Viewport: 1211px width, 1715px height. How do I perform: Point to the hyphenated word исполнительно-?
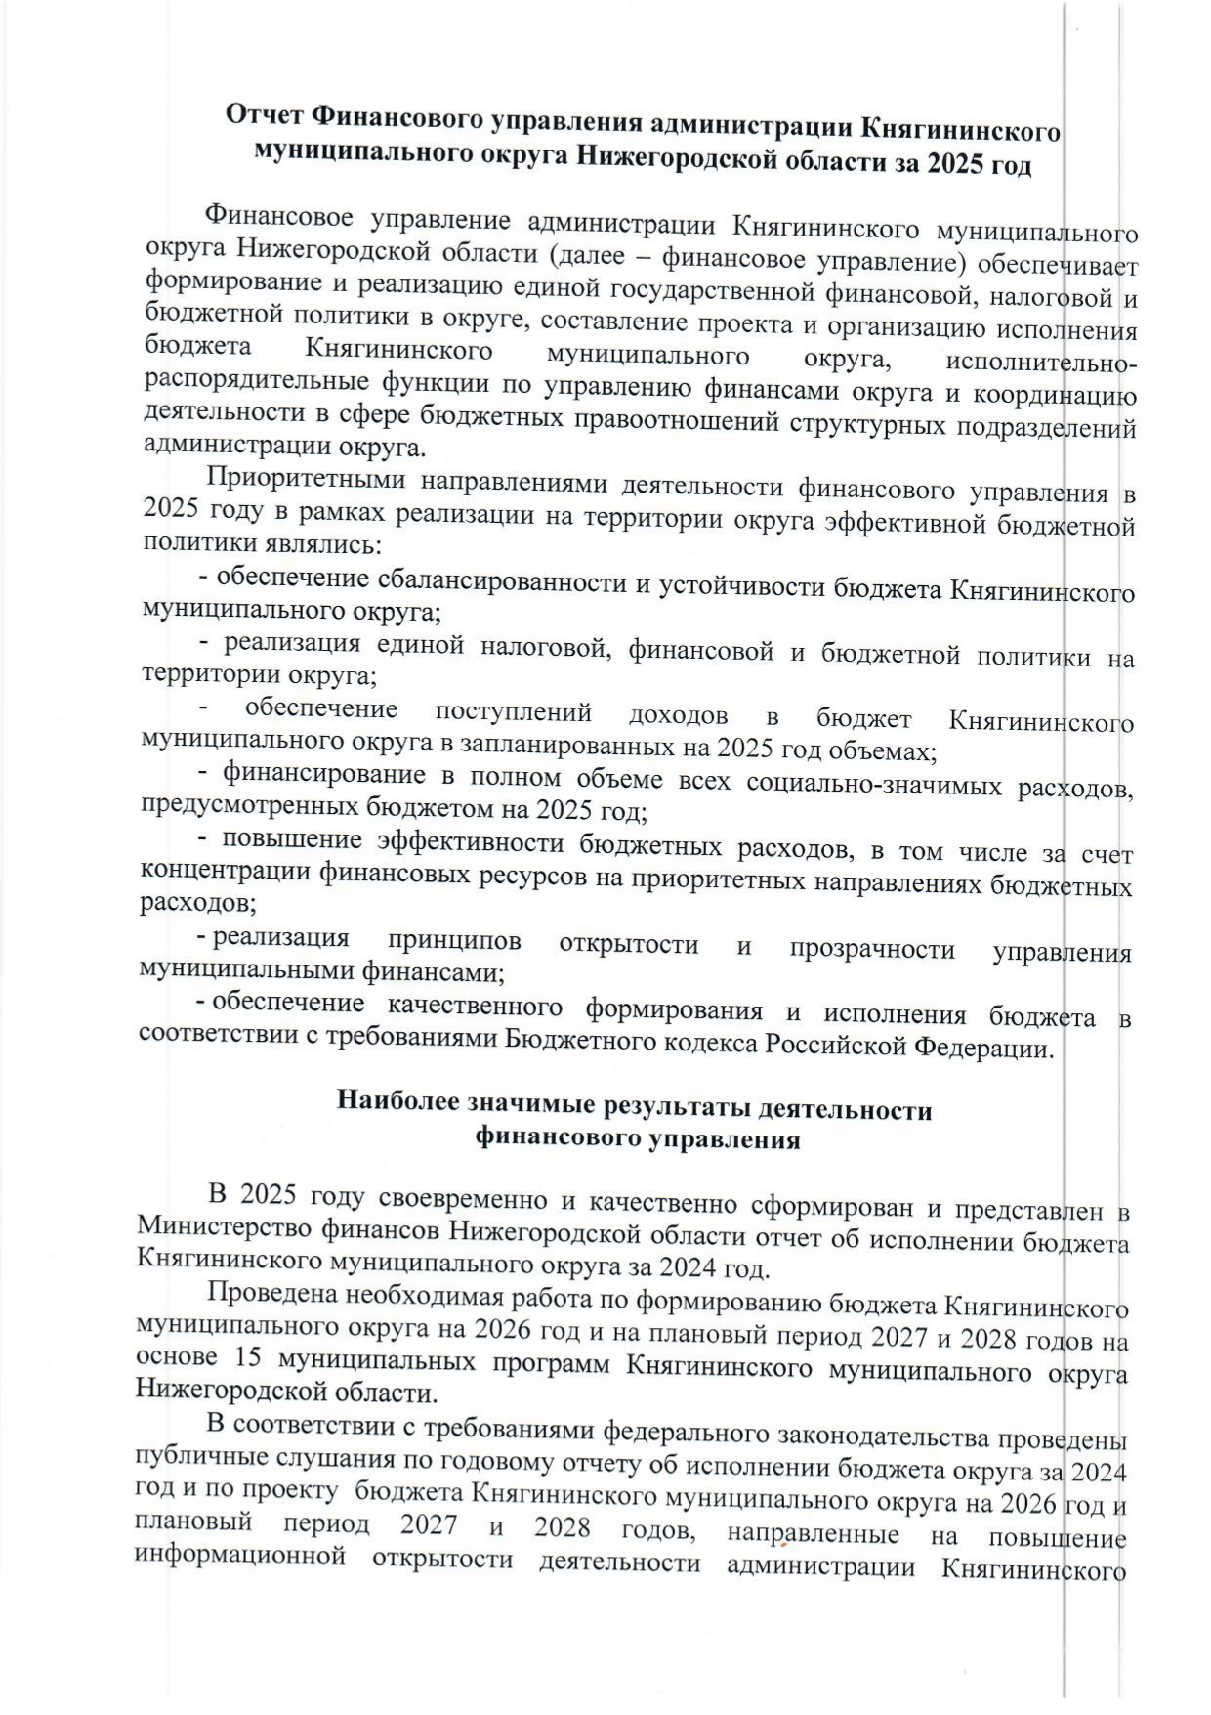[x=1041, y=363]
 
